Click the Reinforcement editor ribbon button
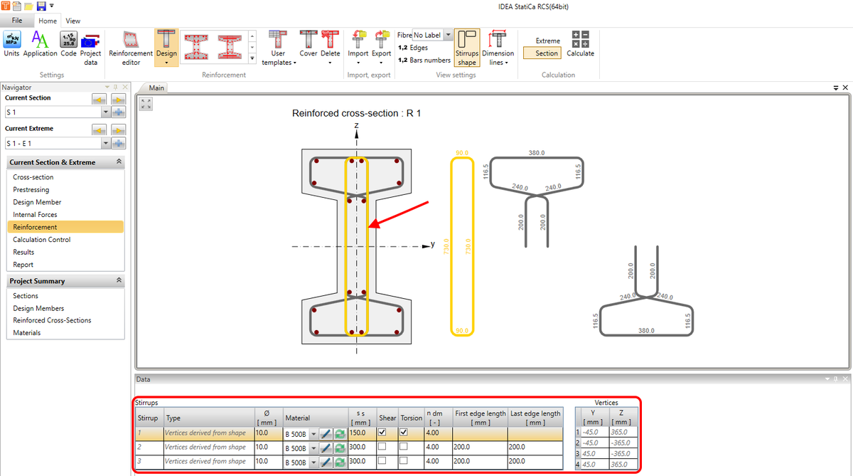(130, 47)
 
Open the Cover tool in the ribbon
(308, 47)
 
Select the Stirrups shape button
(467, 48)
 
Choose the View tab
(73, 21)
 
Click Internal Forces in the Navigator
(35, 215)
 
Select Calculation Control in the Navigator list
(41, 240)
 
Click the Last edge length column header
(535, 418)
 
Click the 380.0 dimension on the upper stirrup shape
(537, 153)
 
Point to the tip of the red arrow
(370, 228)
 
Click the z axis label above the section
(356, 125)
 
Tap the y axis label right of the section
(432, 244)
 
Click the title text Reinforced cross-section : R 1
(357, 113)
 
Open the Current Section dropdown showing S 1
(105, 112)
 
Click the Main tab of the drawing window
(156, 88)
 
